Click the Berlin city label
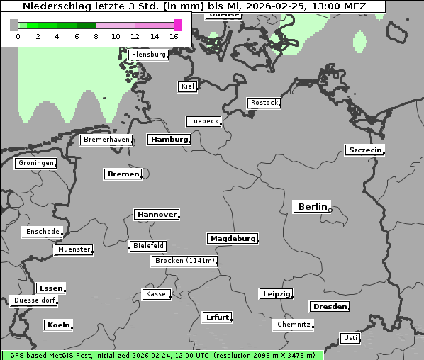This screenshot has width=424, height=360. tap(312, 207)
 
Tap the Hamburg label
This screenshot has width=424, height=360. tap(169, 140)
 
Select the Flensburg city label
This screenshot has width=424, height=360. tap(149, 55)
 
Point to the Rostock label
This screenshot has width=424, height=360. tap(264, 103)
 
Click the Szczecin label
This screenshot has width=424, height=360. tap(364, 150)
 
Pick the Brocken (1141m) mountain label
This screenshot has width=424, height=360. tap(184, 261)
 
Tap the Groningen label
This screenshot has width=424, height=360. tap(35, 164)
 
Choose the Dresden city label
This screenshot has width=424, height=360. tap(329, 307)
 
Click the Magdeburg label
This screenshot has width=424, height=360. tap(233, 239)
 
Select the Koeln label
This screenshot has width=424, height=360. tap(58, 325)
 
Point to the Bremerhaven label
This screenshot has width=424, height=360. tap(106, 140)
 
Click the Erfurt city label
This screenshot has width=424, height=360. tap(217, 317)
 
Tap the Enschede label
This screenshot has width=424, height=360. tap(43, 232)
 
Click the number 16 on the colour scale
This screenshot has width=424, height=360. tap(174, 37)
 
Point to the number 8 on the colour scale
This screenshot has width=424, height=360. tap(96, 37)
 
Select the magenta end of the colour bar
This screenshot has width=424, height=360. tap(177, 26)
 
